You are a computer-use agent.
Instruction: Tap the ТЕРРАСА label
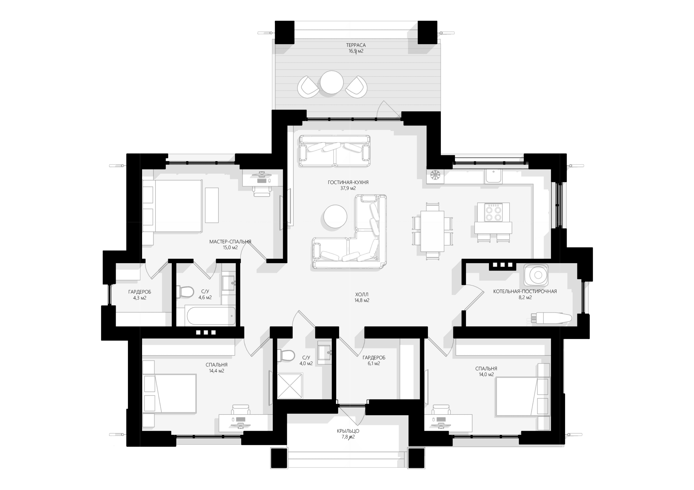356,45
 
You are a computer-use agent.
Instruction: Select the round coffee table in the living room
335,216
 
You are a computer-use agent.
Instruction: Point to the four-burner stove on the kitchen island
493,213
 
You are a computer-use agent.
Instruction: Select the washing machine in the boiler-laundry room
536,275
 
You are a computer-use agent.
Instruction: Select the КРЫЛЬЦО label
348,431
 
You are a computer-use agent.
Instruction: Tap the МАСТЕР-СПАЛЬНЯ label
230,241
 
